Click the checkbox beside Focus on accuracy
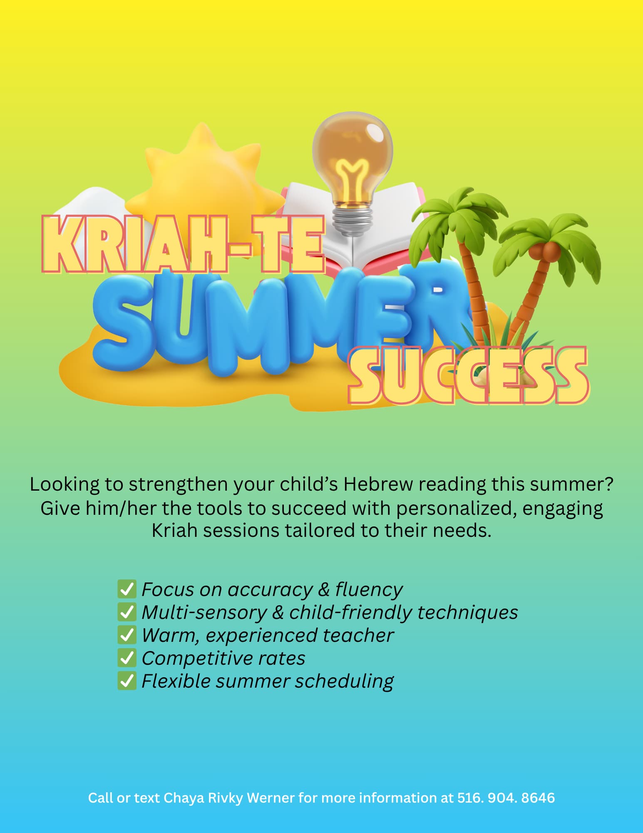[x=127, y=589]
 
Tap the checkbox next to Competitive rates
[x=127, y=658]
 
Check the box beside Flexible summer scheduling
[x=127, y=681]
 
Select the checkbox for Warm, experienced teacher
[x=127, y=635]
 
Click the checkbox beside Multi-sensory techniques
[x=127, y=612]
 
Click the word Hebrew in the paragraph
[x=378, y=484]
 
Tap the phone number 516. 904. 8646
[x=506, y=798]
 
